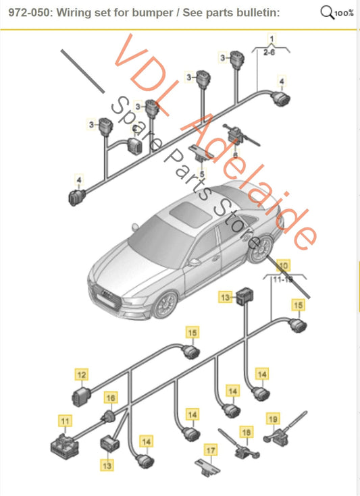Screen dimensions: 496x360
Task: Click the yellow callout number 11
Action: (66, 422)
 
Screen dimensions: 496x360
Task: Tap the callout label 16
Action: (110, 398)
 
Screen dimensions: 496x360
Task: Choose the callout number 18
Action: (246, 431)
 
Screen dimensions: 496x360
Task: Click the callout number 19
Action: (274, 419)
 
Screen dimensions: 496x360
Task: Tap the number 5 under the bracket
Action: (201, 173)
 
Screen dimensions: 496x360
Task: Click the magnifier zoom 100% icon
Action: (336, 13)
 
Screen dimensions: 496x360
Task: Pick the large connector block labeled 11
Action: (66, 443)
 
